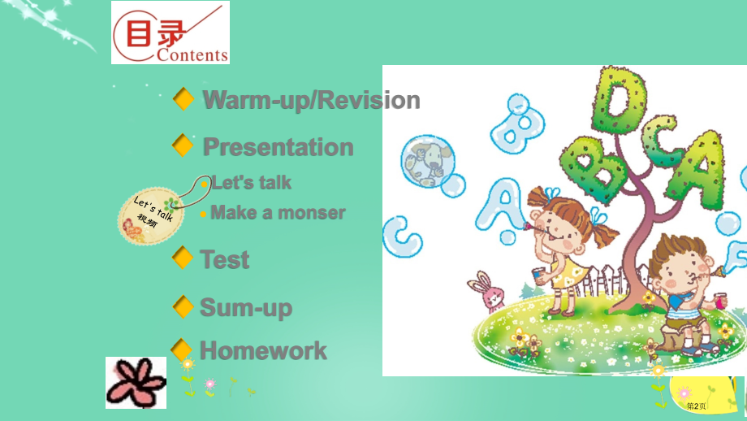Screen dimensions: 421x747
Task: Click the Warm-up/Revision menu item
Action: tap(311, 100)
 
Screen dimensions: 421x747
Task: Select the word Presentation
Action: tap(278, 147)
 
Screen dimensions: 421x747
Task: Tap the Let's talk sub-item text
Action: tap(251, 183)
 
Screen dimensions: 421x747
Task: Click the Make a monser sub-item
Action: tap(278, 213)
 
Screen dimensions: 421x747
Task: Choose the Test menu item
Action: tap(224, 260)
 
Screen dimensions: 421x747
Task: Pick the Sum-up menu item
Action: tap(245, 307)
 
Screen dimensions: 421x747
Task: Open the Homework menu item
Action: tap(263, 351)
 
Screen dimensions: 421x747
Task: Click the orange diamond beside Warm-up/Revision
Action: tap(184, 100)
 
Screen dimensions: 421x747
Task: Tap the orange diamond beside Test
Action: tap(184, 259)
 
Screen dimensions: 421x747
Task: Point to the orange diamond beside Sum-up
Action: tap(184, 307)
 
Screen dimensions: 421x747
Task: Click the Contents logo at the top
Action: tap(171, 33)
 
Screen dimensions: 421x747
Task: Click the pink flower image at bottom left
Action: tap(136, 382)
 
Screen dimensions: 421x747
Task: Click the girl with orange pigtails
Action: tap(560, 244)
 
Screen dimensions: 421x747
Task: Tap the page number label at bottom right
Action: tap(697, 406)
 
